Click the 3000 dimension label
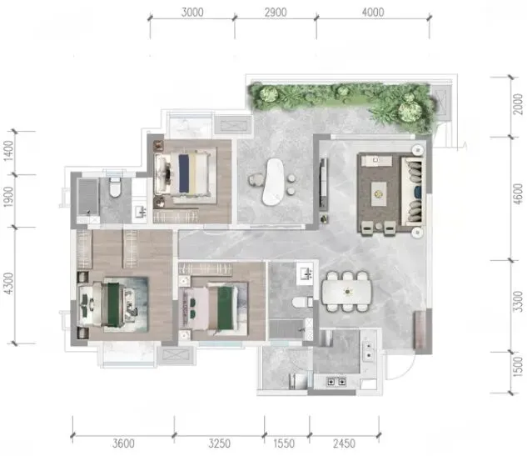click(192, 13)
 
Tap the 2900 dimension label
click(276, 13)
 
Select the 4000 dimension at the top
click(373, 13)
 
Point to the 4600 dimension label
click(519, 194)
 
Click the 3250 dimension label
click(220, 443)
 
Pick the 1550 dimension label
click(284, 443)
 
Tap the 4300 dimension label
click(8, 283)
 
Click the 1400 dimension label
click(8, 150)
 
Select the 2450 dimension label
click(344, 443)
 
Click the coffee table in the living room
click(379, 193)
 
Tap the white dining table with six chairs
click(347, 292)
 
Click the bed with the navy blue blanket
click(185, 174)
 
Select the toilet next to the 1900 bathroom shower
click(115, 187)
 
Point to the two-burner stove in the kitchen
click(336, 382)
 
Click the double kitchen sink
click(369, 350)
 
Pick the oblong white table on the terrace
click(272, 182)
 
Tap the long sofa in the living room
click(413, 192)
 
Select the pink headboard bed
click(209, 308)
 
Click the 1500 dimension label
click(519, 366)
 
